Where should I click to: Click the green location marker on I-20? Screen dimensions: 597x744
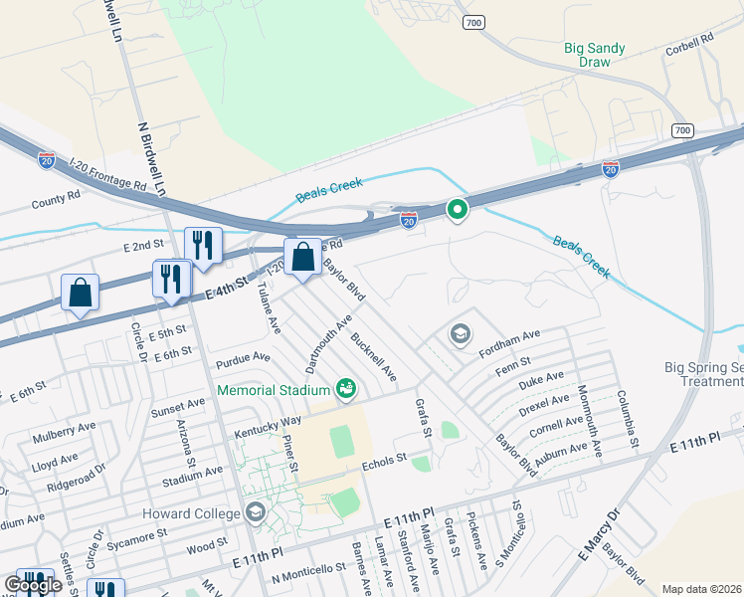pos(457,210)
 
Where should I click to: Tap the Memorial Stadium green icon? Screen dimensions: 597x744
pos(346,388)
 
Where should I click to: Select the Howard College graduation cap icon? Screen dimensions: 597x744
pos(256,512)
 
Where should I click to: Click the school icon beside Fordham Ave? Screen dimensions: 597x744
pos(460,334)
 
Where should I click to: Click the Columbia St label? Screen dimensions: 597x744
pos(628,417)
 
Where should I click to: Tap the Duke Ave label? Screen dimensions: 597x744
pos(541,382)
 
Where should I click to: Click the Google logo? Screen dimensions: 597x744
pos(33,585)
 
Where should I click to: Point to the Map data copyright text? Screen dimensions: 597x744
pos(701,589)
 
